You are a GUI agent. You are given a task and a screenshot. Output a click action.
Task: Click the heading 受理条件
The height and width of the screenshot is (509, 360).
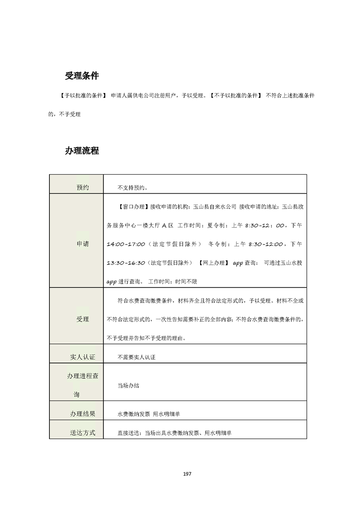[x=82, y=76]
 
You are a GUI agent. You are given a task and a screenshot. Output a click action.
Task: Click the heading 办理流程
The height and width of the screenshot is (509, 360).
[x=82, y=151]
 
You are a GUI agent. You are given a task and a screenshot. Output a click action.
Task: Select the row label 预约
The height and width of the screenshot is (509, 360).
[x=83, y=187]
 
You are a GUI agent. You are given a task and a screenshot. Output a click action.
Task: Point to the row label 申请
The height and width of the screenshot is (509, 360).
[x=83, y=244]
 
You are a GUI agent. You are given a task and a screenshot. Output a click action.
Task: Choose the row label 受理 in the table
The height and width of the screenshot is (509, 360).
[x=83, y=319]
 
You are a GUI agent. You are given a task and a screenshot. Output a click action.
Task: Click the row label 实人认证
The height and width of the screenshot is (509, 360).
[x=83, y=357]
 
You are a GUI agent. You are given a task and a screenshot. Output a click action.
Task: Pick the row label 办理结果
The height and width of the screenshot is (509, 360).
[x=83, y=414]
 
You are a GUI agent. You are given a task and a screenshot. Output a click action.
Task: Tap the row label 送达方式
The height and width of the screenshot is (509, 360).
[x=83, y=433]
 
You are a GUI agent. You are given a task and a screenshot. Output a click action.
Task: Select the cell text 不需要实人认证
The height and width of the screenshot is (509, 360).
[x=136, y=357]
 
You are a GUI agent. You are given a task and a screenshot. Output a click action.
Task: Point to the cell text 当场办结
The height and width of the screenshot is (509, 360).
[x=128, y=386]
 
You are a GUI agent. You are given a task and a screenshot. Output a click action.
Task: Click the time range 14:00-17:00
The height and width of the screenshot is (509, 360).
[x=126, y=244]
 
